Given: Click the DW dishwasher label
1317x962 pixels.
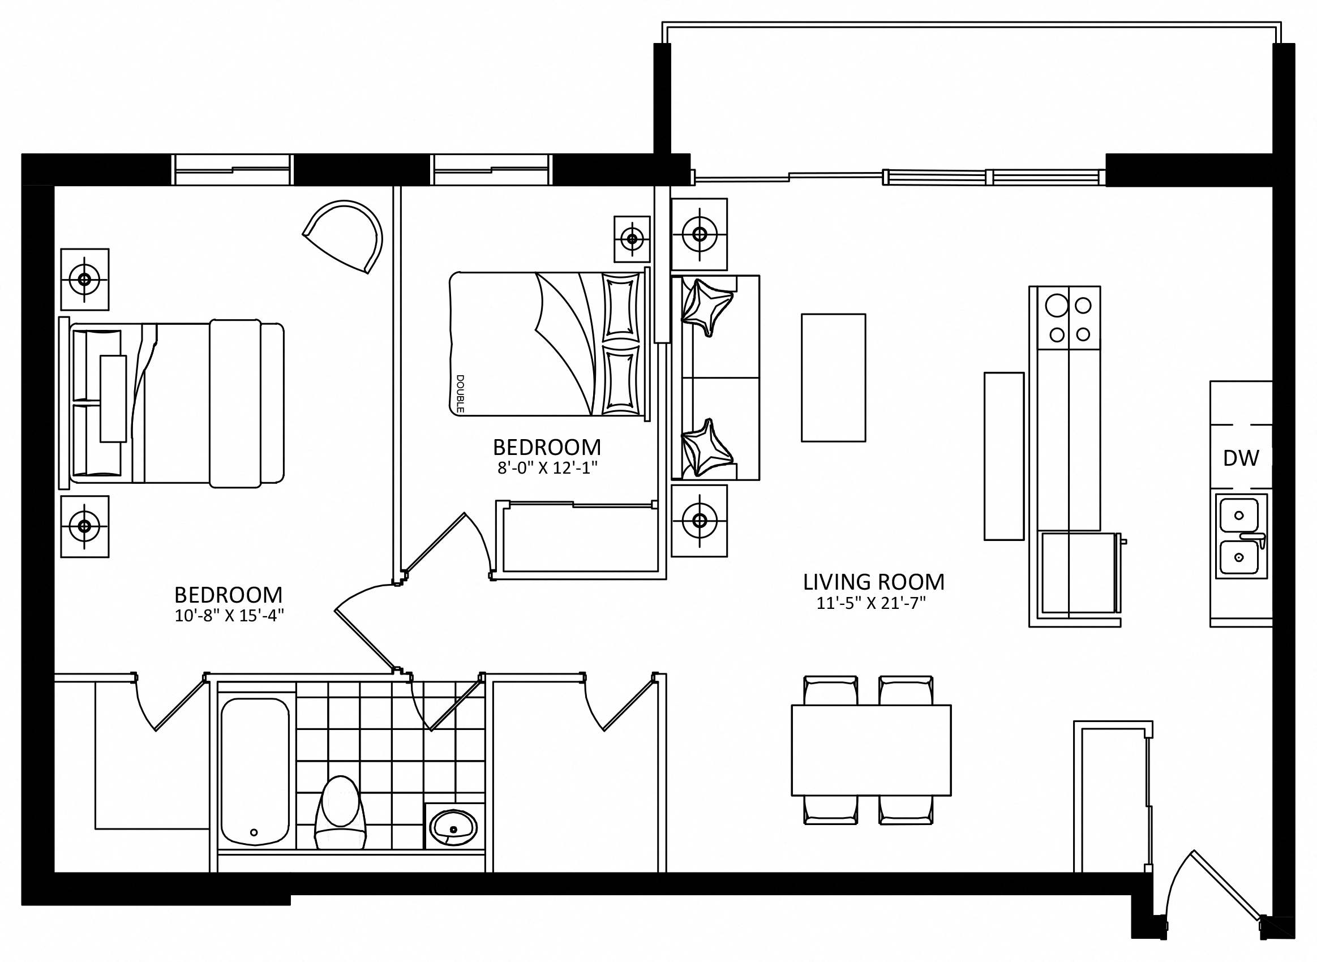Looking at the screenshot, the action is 1241,458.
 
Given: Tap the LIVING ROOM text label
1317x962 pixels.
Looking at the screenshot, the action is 874,582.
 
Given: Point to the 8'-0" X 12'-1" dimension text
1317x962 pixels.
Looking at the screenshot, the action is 547,468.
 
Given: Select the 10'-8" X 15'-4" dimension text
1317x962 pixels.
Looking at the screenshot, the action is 229,616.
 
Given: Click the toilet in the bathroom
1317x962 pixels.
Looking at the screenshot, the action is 340,813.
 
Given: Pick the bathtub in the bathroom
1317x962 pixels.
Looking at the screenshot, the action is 255,771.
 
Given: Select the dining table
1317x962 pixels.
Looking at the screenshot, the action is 871,750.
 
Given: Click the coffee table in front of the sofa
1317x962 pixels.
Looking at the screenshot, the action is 833,378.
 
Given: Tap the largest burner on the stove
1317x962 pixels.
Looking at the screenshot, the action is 1057,306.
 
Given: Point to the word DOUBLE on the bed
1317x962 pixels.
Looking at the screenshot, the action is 460,394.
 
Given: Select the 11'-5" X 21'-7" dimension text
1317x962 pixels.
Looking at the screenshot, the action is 872,603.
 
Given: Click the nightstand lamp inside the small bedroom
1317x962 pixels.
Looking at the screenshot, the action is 632,239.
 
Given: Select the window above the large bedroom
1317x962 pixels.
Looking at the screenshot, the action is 233,169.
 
